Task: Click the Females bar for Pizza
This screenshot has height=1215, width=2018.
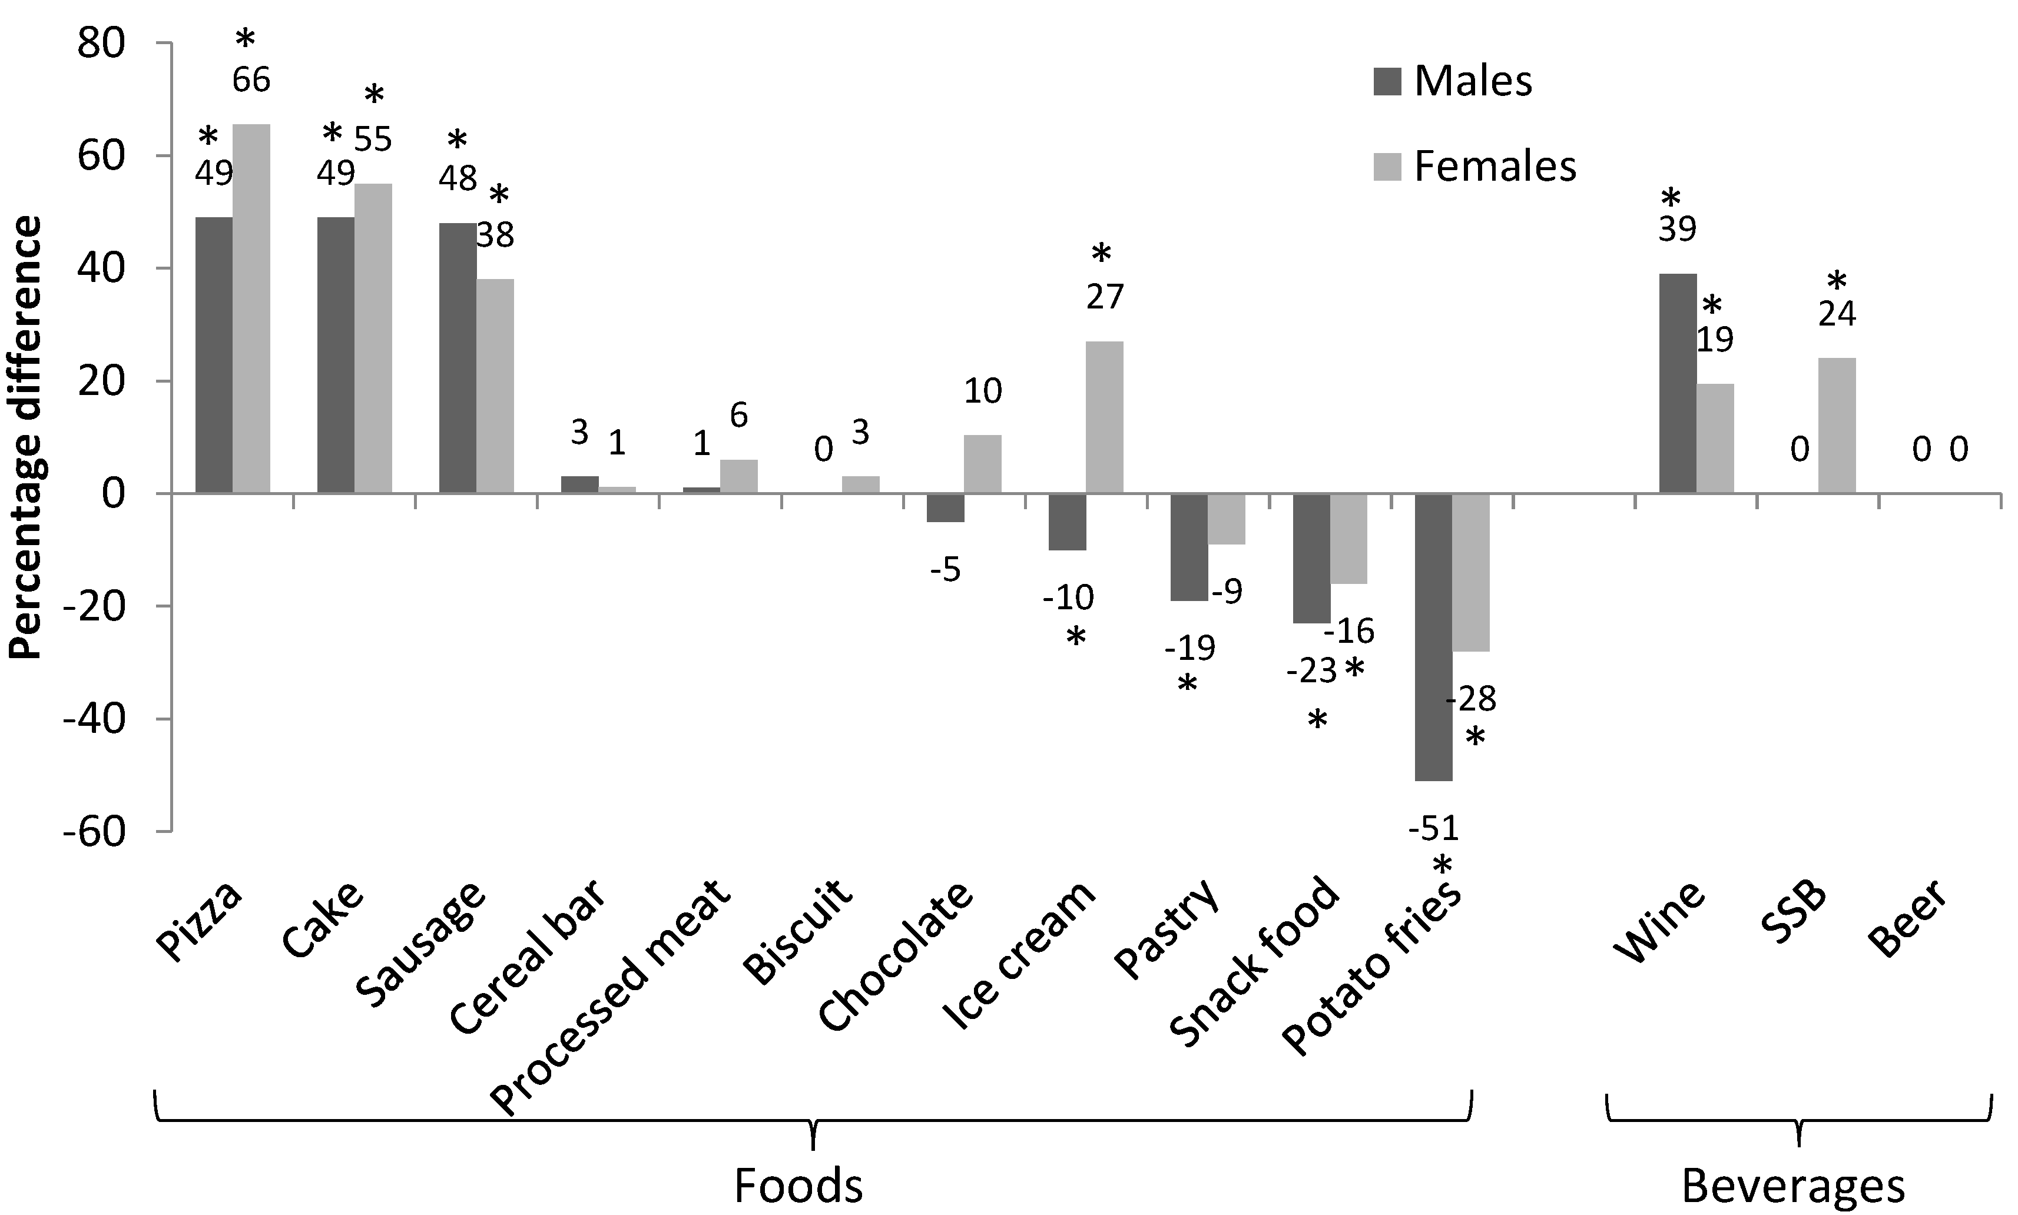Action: (251, 308)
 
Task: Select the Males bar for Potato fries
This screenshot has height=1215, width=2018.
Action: (1433, 637)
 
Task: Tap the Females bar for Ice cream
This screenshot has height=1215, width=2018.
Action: (1104, 417)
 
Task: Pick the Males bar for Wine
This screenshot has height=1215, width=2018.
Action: (1677, 383)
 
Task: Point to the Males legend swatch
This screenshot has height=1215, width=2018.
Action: (1387, 82)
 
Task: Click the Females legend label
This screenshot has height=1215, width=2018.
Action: (1495, 167)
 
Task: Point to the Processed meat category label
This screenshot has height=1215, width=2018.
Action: (610, 999)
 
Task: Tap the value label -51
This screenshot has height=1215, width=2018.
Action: (1434, 829)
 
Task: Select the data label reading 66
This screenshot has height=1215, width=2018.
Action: (251, 80)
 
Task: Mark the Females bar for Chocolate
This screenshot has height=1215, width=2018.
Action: (982, 464)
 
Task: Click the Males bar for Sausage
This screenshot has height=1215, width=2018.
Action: (458, 358)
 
